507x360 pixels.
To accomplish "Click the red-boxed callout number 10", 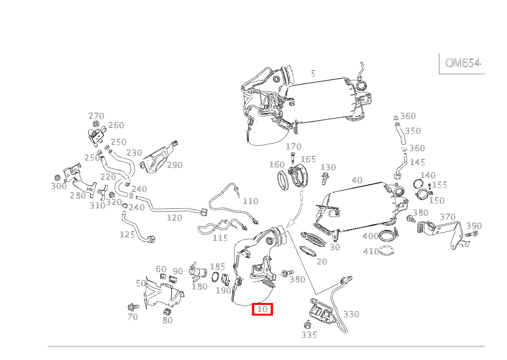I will [x=262, y=309].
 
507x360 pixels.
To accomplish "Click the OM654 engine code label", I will [x=463, y=63].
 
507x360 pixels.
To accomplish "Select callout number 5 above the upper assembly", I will [x=313, y=73].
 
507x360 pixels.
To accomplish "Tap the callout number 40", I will [x=357, y=180].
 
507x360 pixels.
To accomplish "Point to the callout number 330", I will [x=351, y=314].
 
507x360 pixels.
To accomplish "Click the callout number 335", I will [x=309, y=335].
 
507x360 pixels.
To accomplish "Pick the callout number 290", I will [x=175, y=165].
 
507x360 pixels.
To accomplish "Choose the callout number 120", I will [x=174, y=218].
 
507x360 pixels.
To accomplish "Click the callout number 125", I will [x=127, y=235].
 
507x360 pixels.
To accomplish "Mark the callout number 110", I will [x=250, y=201].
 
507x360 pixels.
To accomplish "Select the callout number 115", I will [x=220, y=238].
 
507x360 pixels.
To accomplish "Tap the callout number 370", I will [x=447, y=217].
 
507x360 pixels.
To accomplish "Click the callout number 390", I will [x=474, y=226].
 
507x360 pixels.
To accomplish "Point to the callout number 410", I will [x=370, y=251].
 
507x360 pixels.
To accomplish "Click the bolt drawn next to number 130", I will [x=325, y=178].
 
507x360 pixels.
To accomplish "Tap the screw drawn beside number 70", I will [x=133, y=307].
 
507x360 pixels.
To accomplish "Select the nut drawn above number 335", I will [x=307, y=325].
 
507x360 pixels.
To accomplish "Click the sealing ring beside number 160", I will [x=283, y=181].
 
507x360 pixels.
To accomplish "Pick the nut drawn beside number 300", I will [x=58, y=178].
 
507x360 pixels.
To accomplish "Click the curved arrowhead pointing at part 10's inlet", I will [x=291, y=222].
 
